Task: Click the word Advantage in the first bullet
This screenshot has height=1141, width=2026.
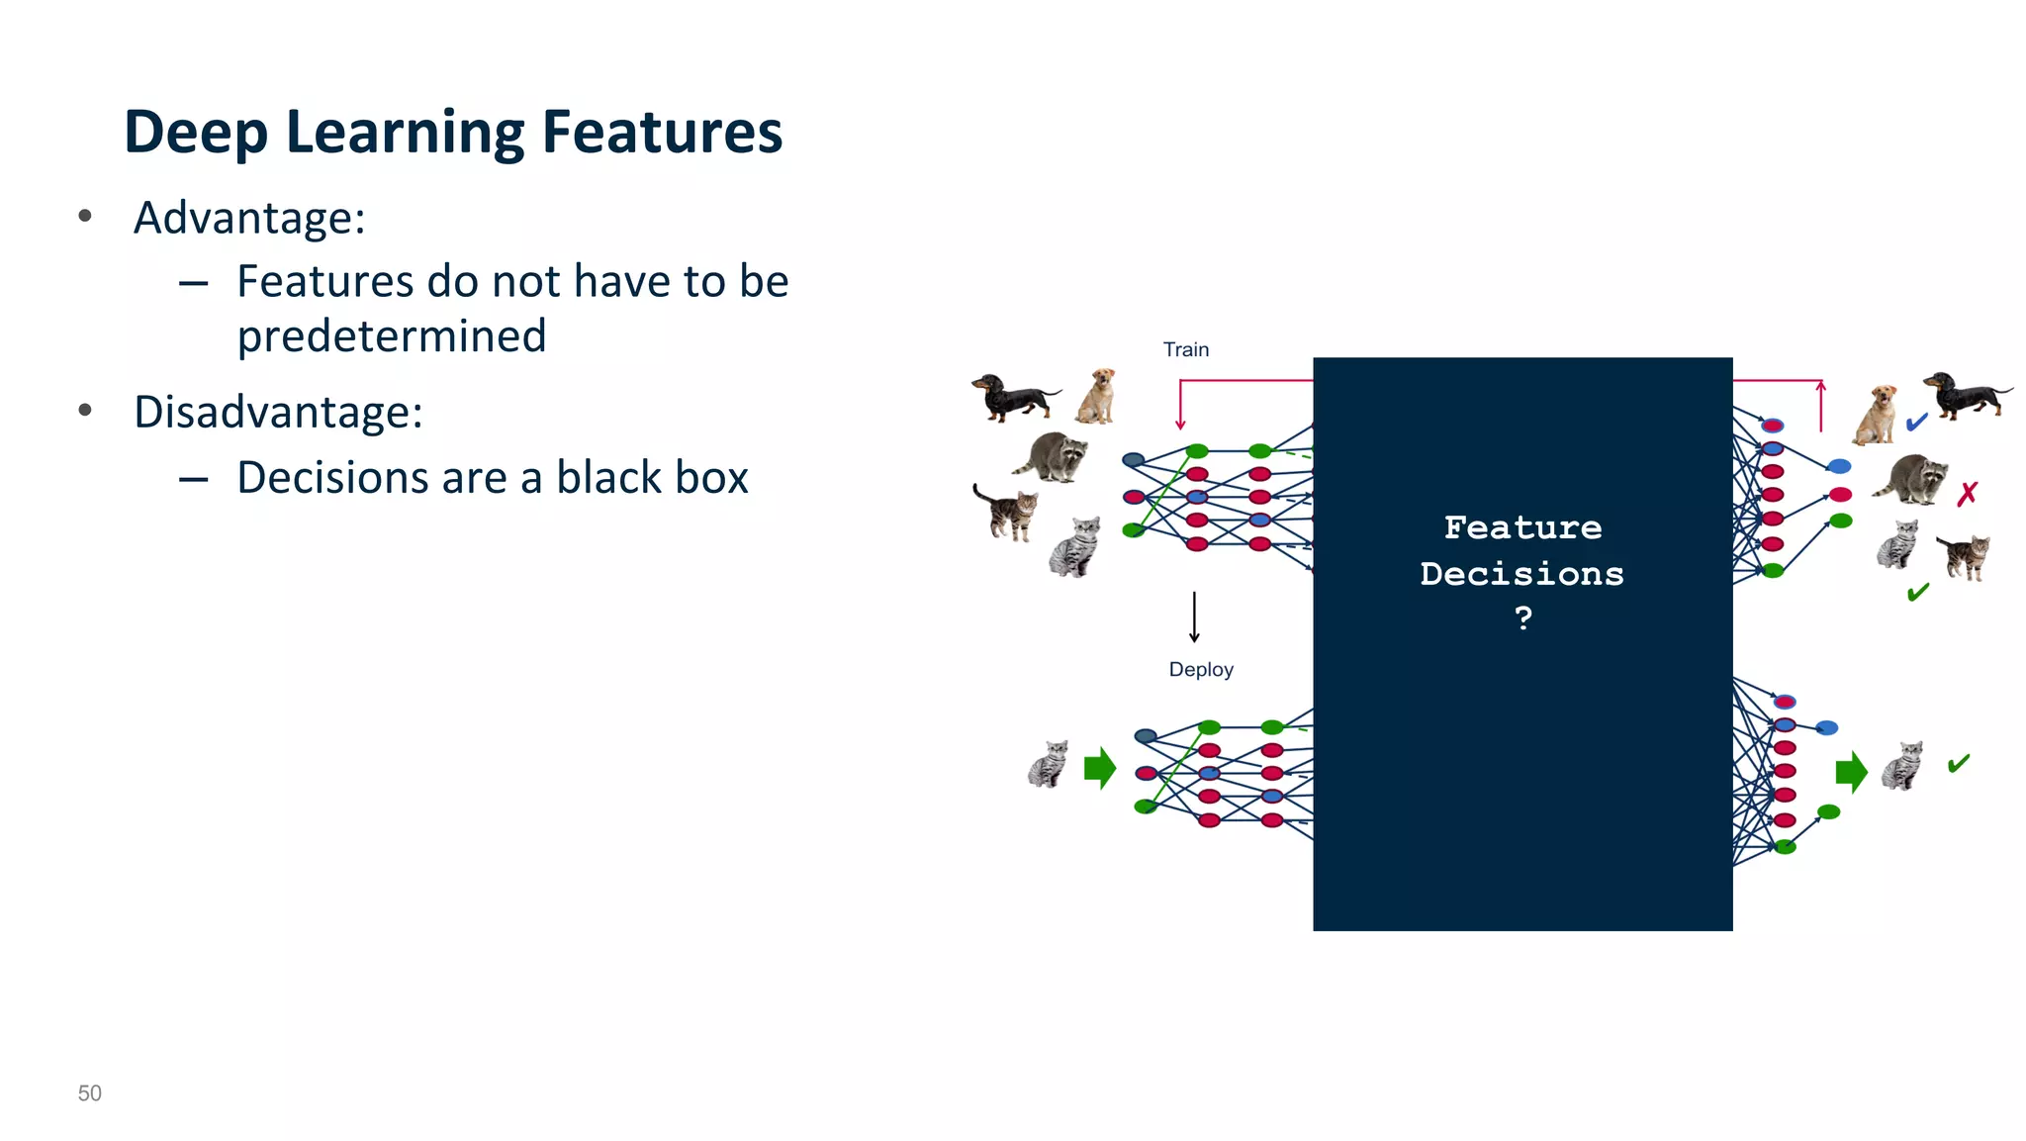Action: click(x=247, y=219)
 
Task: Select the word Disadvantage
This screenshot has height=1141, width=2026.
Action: click(x=276, y=413)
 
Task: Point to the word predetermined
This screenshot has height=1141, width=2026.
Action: click(x=392, y=336)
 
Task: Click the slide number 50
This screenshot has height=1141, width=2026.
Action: click(x=89, y=1093)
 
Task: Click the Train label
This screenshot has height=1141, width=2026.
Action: click(x=1185, y=349)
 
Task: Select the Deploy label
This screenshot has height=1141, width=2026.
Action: click(x=1200, y=669)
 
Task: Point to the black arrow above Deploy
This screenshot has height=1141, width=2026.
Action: click(x=1194, y=617)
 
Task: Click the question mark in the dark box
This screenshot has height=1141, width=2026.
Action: click(x=1522, y=618)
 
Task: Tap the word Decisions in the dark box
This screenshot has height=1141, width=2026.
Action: click(x=1521, y=574)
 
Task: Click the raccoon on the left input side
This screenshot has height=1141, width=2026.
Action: click(x=1053, y=457)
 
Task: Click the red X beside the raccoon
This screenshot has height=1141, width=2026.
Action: click(x=1967, y=493)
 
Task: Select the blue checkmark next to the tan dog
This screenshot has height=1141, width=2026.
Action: click(x=1916, y=423)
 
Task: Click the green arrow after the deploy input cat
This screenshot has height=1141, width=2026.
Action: click(x=1099, y=768)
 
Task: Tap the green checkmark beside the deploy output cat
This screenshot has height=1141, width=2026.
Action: click(x=1958, y=763)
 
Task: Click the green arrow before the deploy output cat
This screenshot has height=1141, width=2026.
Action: click(x=1850, y=772)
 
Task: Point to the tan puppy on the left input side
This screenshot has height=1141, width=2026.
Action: click(x=1097, y=396)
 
